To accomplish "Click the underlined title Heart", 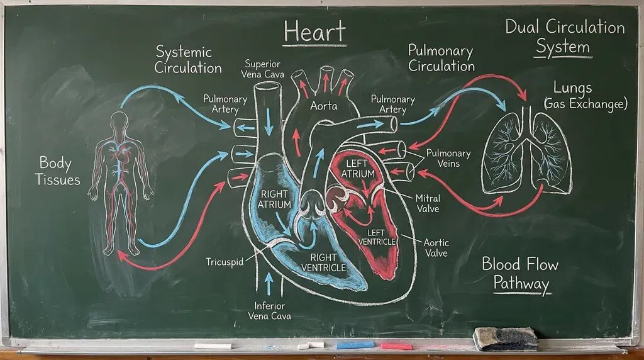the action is pos(315,32).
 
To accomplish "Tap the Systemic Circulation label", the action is pos(188,60).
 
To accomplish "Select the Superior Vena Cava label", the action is pos(262,69).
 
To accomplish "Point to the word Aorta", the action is pos(324,106).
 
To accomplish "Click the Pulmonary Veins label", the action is pos(448,158).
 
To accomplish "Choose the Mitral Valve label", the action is pos(428,203).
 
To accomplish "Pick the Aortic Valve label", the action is pos(436,248).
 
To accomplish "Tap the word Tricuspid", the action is pos(225,262).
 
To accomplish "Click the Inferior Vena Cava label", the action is pos(269,311).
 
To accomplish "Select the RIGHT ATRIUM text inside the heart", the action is pos(274,199).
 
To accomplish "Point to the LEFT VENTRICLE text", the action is pos(377,237).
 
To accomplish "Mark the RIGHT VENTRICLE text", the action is pos(324,262).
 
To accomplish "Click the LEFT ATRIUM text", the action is pos(358,169).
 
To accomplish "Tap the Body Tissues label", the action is pos(57,171).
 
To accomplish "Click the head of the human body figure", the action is pos(119,120).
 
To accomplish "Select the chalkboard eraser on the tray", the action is pos(506,339).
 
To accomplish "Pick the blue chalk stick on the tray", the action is pos(355,346).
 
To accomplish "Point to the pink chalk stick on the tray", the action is pos(396,346).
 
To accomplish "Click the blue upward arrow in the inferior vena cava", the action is pos(269,284).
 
